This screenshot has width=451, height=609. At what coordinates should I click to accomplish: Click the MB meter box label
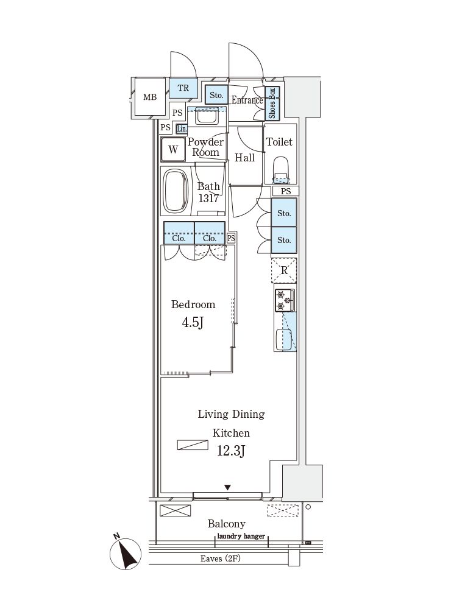click(x=150, y=97)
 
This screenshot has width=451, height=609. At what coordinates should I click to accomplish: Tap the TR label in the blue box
click(x=183, y=88)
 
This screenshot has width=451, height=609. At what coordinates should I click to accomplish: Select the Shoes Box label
click(x=272, y=103)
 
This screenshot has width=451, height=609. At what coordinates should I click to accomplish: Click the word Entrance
click(x=247, y=100)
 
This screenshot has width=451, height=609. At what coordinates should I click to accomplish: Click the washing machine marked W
click(x=173, y=150)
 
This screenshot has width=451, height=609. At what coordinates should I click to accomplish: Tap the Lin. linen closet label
click(x=182, y=129)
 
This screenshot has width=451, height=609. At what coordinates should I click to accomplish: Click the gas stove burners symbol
click(x=285, y=300)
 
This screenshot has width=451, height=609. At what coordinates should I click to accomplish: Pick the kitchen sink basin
click(x=284, y=339)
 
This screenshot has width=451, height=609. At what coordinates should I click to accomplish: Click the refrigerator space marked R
click(x=284, y=270)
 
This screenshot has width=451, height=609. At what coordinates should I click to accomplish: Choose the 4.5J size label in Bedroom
click(x=193, y=322)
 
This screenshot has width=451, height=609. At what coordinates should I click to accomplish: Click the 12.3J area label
click(x=231, y=451)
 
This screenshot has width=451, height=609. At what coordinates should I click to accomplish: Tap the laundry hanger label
click(x=241, y=537)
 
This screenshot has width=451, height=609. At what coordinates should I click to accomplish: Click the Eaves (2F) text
click(x=221, y=558)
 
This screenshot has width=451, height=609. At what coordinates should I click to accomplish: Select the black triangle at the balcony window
click(x=228, y=487)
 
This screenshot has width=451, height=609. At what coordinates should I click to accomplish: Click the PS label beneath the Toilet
click(x=286, y=191)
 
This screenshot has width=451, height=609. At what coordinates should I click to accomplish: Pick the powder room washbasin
click(x=207, y=116)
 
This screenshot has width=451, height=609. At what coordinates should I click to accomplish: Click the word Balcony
click(x=226, y=524)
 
